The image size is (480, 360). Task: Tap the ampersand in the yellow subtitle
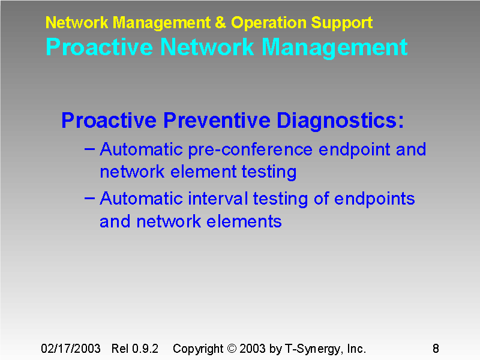(x=221, y=23)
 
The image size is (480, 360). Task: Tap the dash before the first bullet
(x=89, y=148)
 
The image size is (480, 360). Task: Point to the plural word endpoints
(x=374, y=199)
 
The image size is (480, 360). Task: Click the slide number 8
(x=436, y=349)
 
